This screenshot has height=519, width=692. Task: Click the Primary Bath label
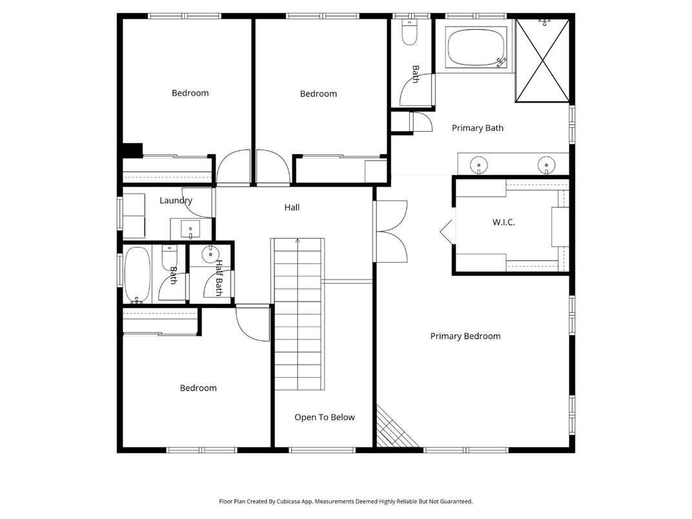tap(477, 128)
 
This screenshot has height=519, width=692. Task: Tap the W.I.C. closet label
tap(504, 222)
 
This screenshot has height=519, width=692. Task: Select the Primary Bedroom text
tap(465, 336)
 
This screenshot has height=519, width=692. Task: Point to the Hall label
tap(292, 207)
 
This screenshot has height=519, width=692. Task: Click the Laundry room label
tap(176, 200)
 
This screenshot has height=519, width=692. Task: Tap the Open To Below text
tap(324, 417)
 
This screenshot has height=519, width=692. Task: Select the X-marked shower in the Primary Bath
tap(543, 61)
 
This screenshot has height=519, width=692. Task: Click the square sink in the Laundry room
tap(191, 229)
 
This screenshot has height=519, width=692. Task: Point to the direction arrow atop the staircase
tap(298, 241)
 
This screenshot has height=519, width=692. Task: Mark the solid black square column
tap(132, 150)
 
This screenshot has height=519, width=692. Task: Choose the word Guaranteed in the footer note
tap(454, 501)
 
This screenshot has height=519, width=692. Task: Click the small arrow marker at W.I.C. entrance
tap(445, 231)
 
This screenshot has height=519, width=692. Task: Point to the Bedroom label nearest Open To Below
tap(198, 388)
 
